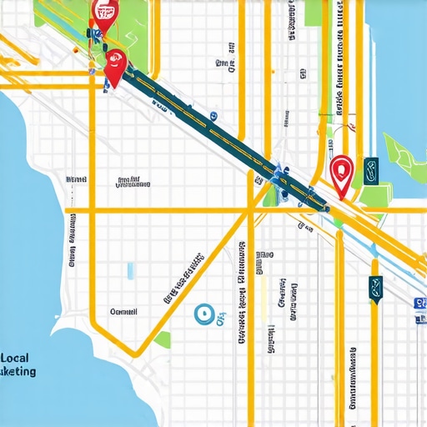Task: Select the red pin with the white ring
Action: pyautogui.click(x=340, y=172)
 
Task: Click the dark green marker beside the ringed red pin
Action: pyautogui.click(x=370, y=168)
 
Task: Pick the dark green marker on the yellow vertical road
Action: pyautogui.click(x=375, y=289)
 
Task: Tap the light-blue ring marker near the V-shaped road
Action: pyautogui.click(x=201, y=314)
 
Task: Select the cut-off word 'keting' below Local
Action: pyautogui.click(x=18, y=371)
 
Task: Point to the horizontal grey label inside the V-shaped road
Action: pyautogui.click(x=123, y=312)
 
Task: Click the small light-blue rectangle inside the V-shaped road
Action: pyautogui.click(x=130, y=271)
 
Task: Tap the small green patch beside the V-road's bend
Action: pyautogui.click(x=163, y=339)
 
